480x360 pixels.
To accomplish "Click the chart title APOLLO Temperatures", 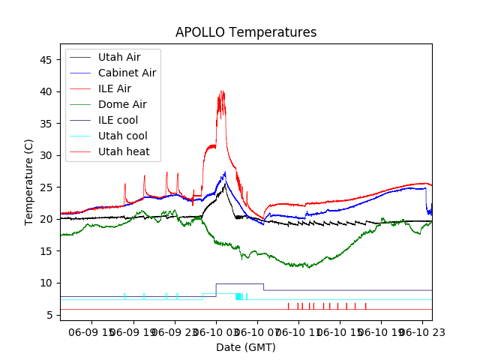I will [246, 33].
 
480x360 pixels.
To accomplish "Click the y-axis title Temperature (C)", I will [29, 182].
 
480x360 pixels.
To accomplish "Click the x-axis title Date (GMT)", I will [246, 347].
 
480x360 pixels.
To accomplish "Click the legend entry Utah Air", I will [118, 57].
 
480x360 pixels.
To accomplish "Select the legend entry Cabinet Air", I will [127, 73].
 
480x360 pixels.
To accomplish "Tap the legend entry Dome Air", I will [122, 104].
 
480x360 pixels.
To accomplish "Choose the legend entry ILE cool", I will [118, 120].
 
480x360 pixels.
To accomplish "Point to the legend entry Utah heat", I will [124, 152].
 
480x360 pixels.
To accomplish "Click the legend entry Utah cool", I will [123, 136].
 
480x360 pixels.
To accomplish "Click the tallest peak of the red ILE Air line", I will [221, 91].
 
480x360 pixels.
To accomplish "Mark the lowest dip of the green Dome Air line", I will [307, 268].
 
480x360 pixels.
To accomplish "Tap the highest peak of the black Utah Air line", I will [226, 182].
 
